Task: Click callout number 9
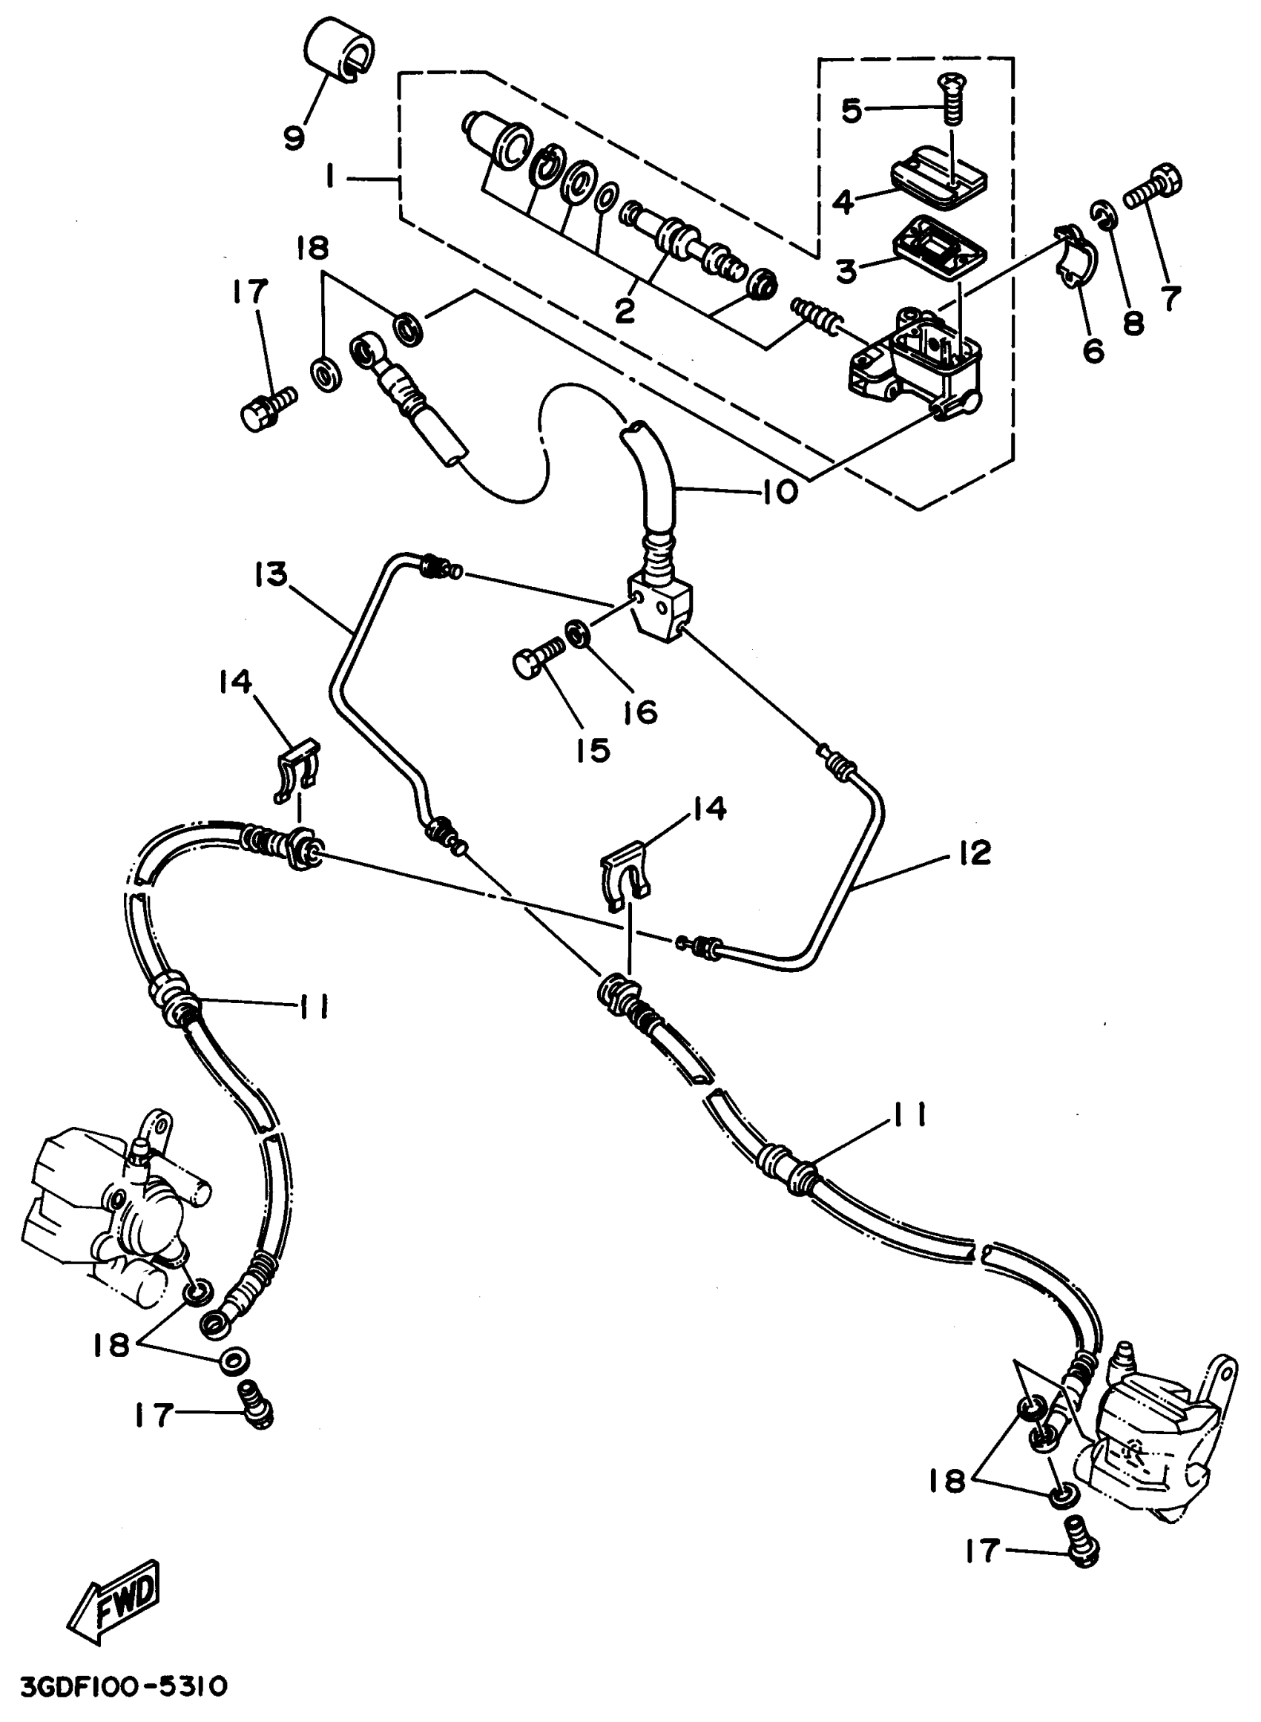coord(294,137)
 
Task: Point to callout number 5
coord(851,111)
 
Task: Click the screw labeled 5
coord(951,99)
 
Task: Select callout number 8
coord(1133,323)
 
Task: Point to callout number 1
coord(330,177)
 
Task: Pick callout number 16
coord(641,712)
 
